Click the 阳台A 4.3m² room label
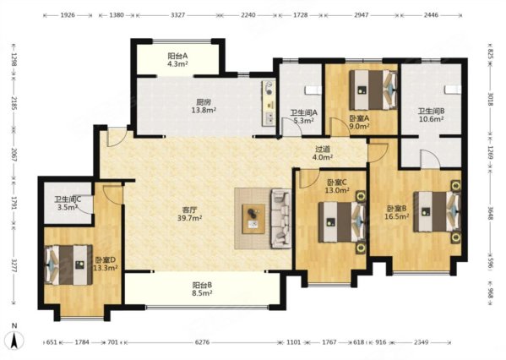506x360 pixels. [x=177, y=60]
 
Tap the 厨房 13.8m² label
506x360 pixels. [x=204, y=106]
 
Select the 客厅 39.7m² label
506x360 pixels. [x=189, y=214]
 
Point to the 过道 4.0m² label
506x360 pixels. [x=323, y=153]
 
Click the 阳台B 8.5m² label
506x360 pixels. [x=202, y=289]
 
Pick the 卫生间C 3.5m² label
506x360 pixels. [x=68, y=204]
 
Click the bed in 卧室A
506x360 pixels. [x=373, y=90]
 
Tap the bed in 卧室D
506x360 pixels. [x=68, y=265]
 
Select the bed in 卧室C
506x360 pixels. [x=342, y=222]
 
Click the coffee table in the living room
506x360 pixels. [x=253, y=219]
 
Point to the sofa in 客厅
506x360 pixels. [x=280, y=219]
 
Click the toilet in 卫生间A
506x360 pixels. [x=313, y=90]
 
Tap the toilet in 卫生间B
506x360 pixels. [x=453, y=90]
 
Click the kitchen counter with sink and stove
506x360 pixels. [x=269, y=103]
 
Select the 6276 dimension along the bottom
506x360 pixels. [x=203, y=342]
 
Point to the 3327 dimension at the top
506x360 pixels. [x=177, y=15]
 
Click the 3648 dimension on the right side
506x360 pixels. [x=491, y=213]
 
